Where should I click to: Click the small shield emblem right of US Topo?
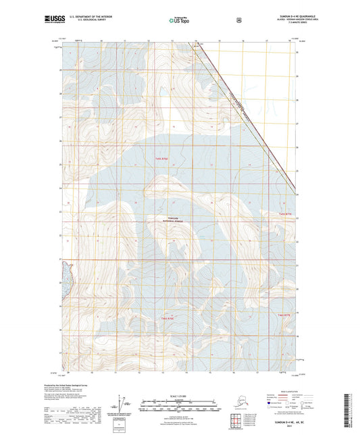tap(238, 20)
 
